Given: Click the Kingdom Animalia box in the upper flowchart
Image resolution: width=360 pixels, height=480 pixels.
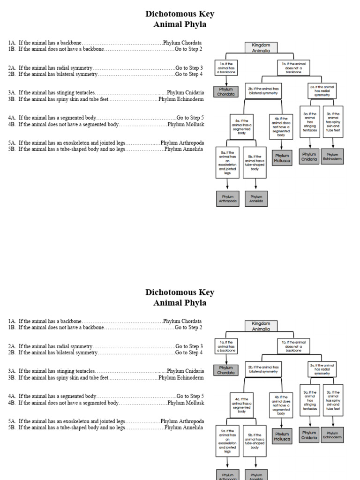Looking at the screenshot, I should point(261,48).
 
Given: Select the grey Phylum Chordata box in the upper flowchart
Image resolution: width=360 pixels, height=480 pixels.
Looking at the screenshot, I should point(225,92).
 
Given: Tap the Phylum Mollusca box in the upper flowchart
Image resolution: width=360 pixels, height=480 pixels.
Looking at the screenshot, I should point(282,158).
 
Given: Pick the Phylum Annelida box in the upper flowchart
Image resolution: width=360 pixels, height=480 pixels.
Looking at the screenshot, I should point(256,199).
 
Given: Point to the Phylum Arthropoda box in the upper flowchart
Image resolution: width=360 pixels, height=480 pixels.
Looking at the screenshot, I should point(228,199).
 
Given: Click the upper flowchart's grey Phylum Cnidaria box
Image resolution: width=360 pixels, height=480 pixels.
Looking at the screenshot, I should point(309,157).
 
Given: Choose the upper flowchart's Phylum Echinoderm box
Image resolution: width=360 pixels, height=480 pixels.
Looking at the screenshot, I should point(332,157).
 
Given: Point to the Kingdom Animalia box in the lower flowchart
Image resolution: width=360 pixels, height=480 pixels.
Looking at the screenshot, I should point(261,326).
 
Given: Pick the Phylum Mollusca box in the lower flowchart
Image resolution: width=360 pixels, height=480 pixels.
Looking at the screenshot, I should point(282,436).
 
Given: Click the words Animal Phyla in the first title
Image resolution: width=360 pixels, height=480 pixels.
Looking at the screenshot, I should point(180,25).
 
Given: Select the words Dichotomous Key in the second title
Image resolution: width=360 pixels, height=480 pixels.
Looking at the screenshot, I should point(180,292).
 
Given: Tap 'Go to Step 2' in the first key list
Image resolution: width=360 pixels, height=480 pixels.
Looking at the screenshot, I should point(188,49).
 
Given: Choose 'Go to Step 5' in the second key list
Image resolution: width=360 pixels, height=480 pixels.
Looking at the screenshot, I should point(190,396).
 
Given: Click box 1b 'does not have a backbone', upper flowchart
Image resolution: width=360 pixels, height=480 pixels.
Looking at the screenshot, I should point(293,67).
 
